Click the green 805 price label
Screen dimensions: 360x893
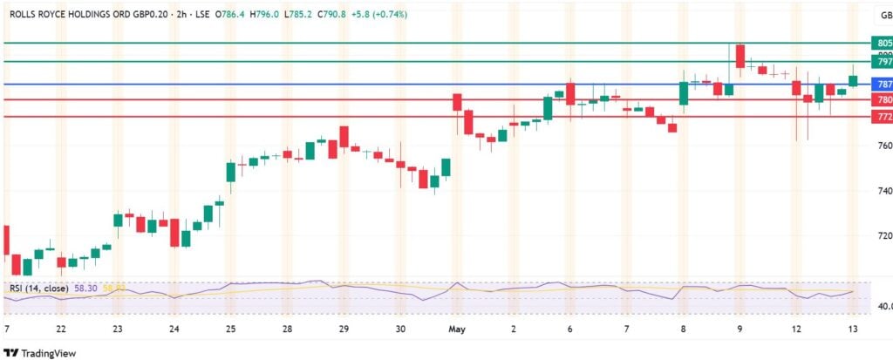click(x=883, y=43)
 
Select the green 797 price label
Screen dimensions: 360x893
click(x=883, y=62)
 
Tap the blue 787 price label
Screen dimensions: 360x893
click(x=883, y=85)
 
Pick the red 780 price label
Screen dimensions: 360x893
click(x=883, y=100)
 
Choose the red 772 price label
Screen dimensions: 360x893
click(x=883, y=117)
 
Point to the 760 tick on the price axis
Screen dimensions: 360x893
click(x=884, y=146)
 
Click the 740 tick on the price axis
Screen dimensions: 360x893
click(x=884, y=191)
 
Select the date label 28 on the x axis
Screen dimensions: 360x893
click(x=287, y=329)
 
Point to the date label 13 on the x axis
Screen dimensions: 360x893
click(x=853, y=329)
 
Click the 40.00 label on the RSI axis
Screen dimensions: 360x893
click(x=883, y=307)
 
